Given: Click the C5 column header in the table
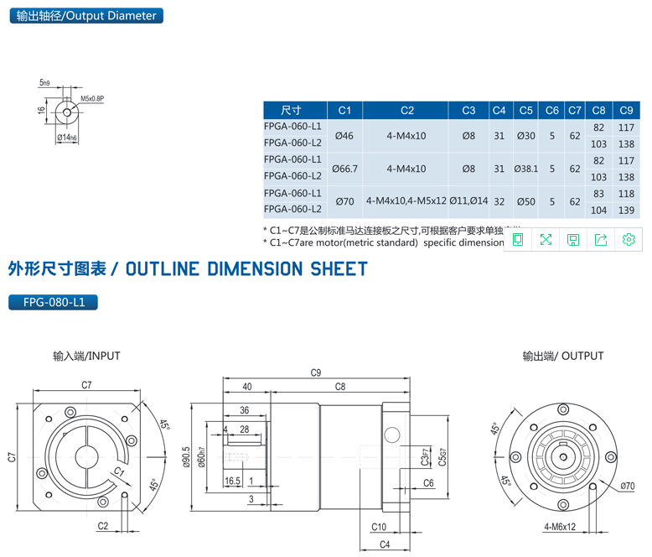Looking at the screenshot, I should (525, 110).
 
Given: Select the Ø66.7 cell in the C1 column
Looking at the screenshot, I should (344, 168).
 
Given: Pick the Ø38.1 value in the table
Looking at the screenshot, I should (525, 168).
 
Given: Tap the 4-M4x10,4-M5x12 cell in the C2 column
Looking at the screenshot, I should (406, 201).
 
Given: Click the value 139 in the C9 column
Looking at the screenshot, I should (625, 211).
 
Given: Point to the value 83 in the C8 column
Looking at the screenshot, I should (598, 194).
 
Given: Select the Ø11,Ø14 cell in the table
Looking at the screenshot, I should (468, 201).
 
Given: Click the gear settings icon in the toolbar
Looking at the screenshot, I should (629, 240).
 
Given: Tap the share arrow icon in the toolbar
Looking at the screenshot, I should (601, 240).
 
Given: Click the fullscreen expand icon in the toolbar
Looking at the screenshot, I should (546, 240).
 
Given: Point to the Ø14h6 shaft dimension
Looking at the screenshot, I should (66, 137).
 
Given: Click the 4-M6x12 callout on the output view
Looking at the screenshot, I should (559, 527).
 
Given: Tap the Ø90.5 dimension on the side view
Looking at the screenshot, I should (187, 459).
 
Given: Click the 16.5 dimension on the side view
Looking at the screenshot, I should (232, 482).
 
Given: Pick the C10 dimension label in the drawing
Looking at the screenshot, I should (378, 527).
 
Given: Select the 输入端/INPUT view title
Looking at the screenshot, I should (86, 356).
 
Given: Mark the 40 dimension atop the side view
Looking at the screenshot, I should (246, 387).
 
